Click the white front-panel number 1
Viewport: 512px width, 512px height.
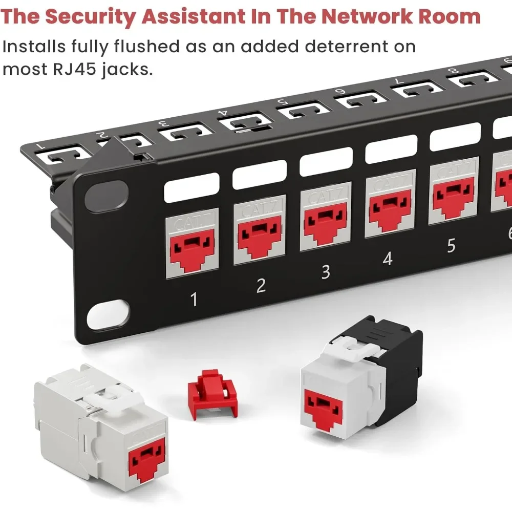click(194, 299)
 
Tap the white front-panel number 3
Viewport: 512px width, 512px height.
click(326, 272)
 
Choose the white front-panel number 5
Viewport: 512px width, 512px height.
click(451, 246)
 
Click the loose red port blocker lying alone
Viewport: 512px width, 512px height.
click(212, 394)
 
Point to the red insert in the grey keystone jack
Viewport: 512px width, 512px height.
click(147, 460)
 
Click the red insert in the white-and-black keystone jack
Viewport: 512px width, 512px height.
click(324, 409)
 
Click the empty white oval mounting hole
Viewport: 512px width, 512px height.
click(108, 314)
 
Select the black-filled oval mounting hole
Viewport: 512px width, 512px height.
click(106, 196)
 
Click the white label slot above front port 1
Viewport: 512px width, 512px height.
click(191, 187)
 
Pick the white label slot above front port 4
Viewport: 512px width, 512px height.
click(391, 149)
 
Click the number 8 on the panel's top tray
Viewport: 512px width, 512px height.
click(453, 71)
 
